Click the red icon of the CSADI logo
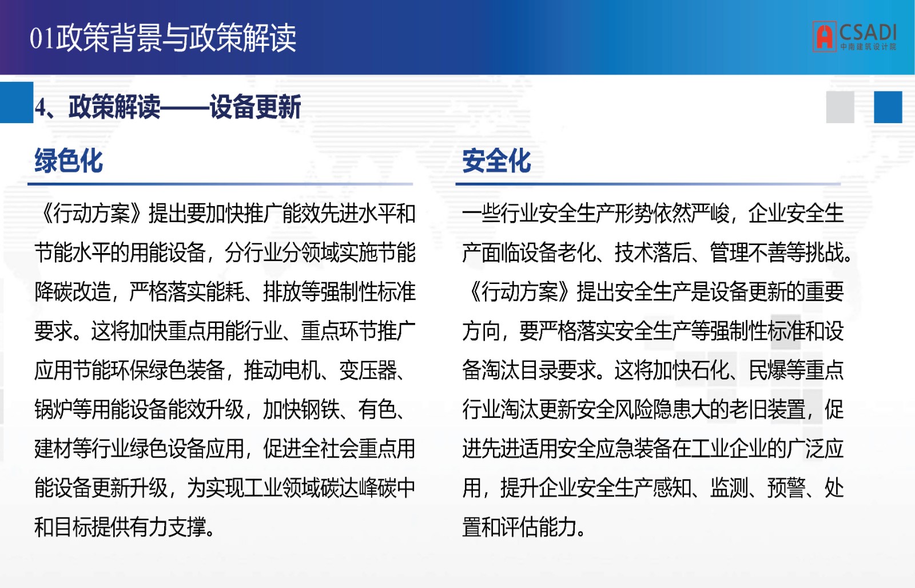coord(824,37)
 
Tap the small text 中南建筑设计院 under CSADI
coord(868,47)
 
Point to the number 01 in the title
coord(42,38)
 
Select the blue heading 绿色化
coord(69,161)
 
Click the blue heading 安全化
coord(496,161)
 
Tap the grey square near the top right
coord(840,107)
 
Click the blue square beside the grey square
coord(888,107)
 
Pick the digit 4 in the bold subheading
coord(40,108)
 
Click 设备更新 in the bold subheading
coord(255,107)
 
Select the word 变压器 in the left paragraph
coord(368,370)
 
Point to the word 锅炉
coord(54,409)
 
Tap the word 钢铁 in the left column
coord(320,409)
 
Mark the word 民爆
coord(767,370)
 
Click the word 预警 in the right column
coord(786,488)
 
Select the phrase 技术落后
coord(653,252)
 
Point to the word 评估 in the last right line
coord(520,527)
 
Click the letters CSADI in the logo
coord(868,32)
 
